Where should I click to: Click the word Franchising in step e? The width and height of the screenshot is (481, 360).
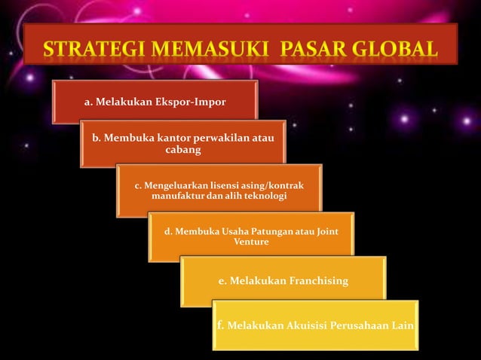click(x=319, y=281)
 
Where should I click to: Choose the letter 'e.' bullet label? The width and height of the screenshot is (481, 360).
click(x=222, y=281)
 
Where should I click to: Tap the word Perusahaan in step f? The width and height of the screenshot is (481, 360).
click(x=360, y=325)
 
